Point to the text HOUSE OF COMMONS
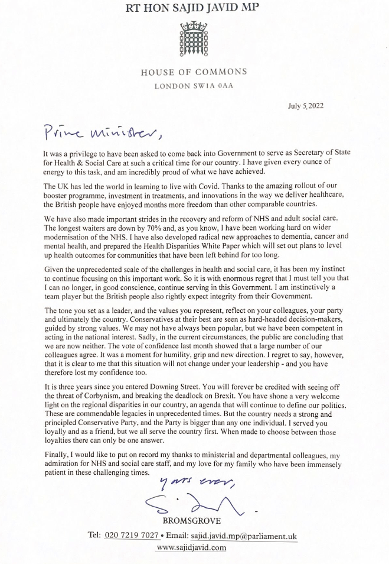pos(194,72)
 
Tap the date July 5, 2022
pos(306,106)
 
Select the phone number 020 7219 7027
pos(132,536)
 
